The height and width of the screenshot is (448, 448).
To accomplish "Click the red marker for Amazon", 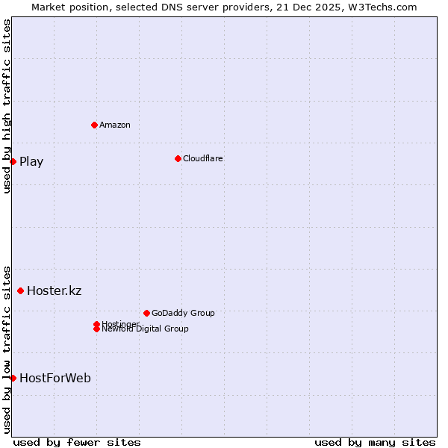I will coord(94,125).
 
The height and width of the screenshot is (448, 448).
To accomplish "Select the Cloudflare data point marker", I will coord(178,158).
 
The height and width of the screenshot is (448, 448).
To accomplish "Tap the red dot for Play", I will coord(13,161).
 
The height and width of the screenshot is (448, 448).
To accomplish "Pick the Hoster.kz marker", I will coord(20,290).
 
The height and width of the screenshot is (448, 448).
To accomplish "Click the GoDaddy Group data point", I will coord(146,313).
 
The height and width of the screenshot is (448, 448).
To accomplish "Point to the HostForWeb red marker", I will coord(13,378).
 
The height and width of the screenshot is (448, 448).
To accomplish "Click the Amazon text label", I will coord(115,125).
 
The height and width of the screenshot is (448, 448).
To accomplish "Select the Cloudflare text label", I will coord(202,158).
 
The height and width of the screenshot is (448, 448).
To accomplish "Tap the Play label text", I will coord(31,161).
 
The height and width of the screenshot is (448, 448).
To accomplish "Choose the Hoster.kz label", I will coord(54,290).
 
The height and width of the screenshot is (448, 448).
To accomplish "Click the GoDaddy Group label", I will coord(183,313).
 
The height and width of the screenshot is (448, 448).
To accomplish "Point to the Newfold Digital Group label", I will coord(145,329).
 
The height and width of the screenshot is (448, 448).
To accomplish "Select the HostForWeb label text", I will coord(55,378).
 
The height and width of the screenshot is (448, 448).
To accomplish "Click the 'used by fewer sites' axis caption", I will coord(77,442).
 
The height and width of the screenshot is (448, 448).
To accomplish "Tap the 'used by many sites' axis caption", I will coord(375,442).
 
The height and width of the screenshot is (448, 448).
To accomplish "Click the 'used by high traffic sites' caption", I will coord(7,106).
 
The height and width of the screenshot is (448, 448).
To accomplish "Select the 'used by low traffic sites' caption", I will coord(7,349).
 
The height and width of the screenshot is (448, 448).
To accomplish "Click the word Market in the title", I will coord(49,7).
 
